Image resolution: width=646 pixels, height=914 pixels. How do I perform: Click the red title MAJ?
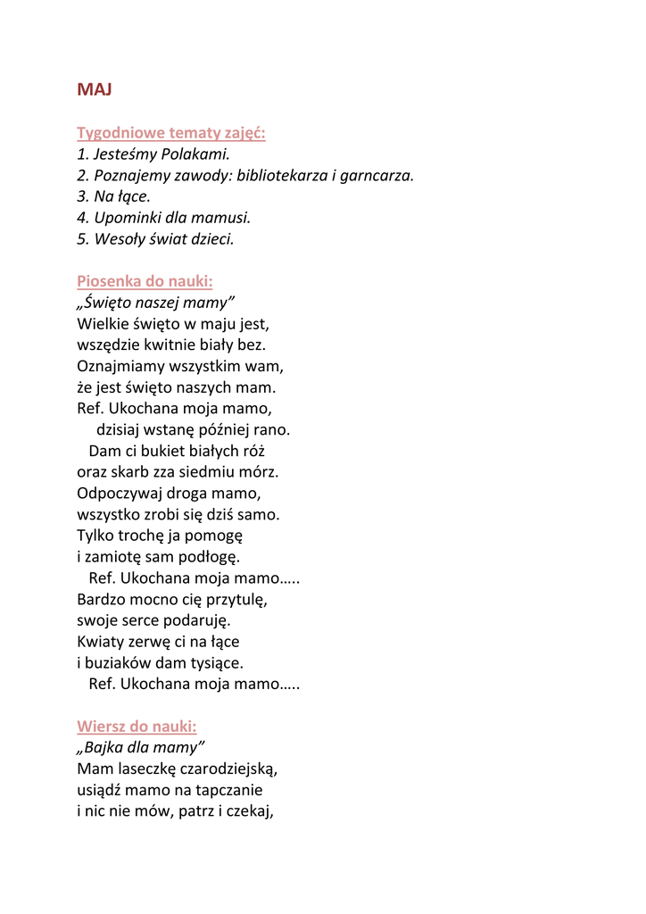click(95, 89)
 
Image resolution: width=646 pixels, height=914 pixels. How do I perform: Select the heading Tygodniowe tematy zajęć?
click(171, 133)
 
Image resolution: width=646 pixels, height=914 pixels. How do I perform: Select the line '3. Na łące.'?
click(114, 196)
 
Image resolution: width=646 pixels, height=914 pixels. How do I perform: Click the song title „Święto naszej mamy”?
click(156, 303)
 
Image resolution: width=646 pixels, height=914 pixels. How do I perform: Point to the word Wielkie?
click(104, 324)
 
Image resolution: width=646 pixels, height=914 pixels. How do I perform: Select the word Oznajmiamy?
click(120, 366)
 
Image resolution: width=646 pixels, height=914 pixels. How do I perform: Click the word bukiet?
click(160, 452)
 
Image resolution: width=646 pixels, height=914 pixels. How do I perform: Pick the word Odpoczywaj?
click(119, 494)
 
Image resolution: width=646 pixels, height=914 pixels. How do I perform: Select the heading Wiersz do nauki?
click(137, 726)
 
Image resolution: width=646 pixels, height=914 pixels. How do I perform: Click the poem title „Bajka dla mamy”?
click(141, 747)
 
